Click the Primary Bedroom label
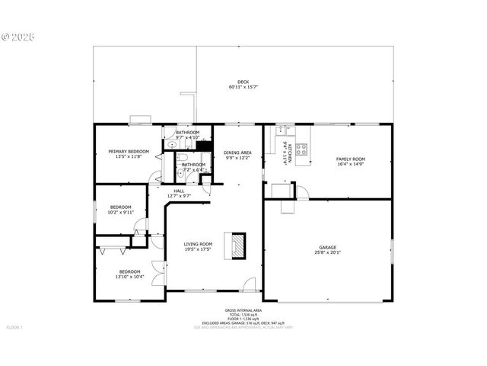(128, 152)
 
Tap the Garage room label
(328, 247)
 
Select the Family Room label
(351, 159)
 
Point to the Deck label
(243, 82)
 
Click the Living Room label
(197, 244)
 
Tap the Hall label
(179, 191)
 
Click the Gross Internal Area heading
(243, 310)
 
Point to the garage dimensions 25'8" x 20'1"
(328, 252)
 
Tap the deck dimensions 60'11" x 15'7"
(243, 88)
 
